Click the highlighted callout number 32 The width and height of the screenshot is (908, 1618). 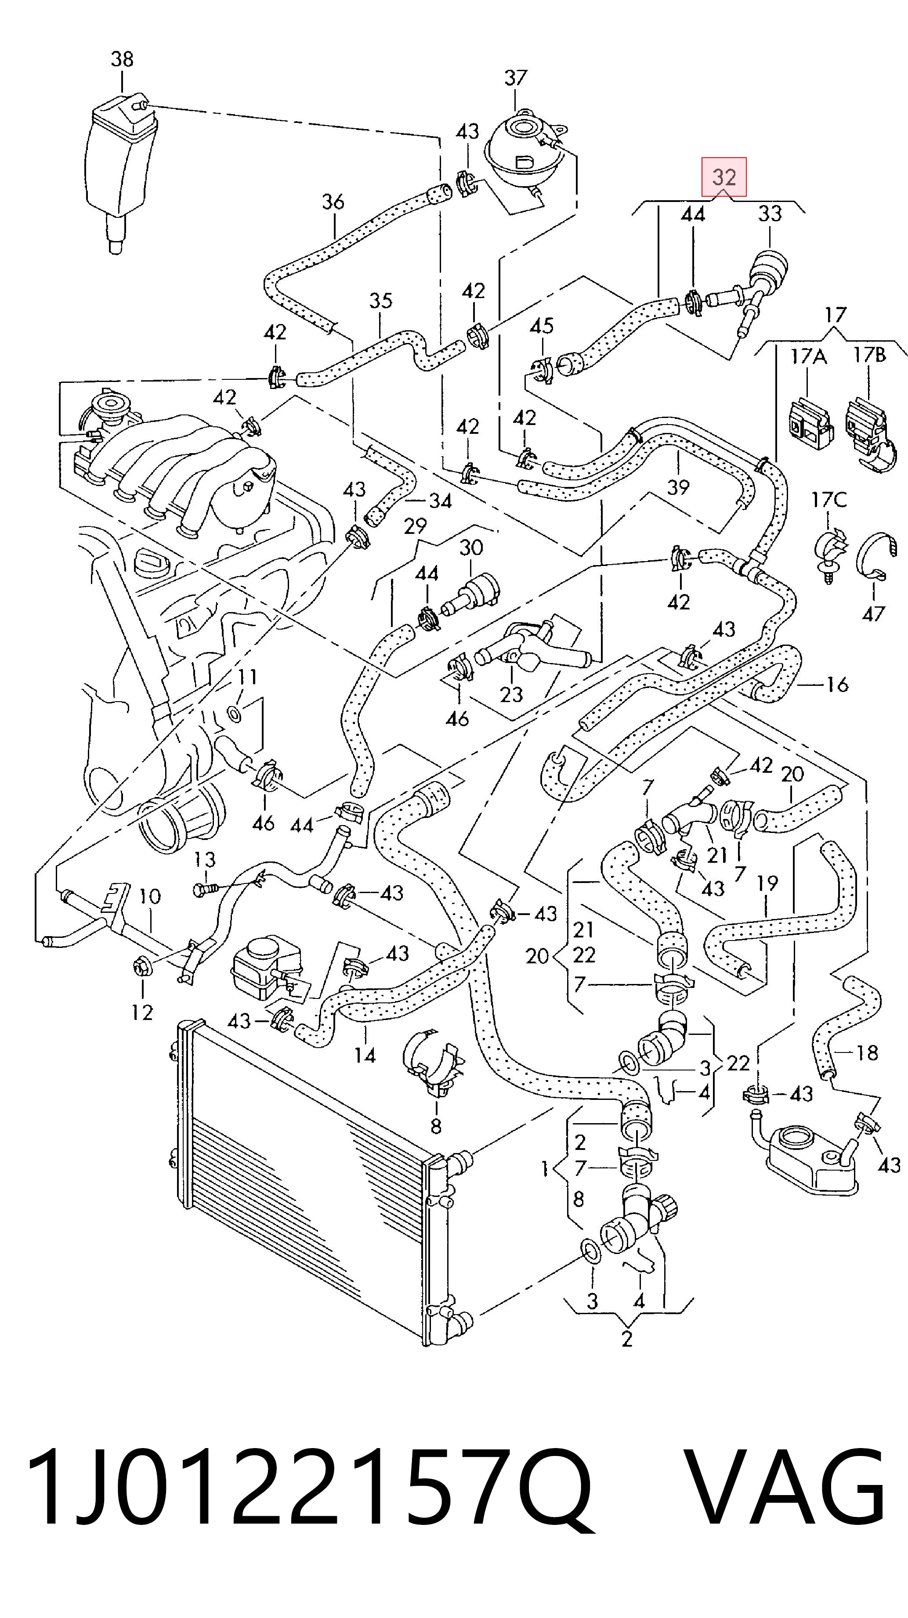724,177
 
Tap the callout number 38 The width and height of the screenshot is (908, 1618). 122,60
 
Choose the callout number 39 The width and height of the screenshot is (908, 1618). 678,487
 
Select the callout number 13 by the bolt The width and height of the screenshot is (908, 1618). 204,859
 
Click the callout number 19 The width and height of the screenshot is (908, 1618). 767,884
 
